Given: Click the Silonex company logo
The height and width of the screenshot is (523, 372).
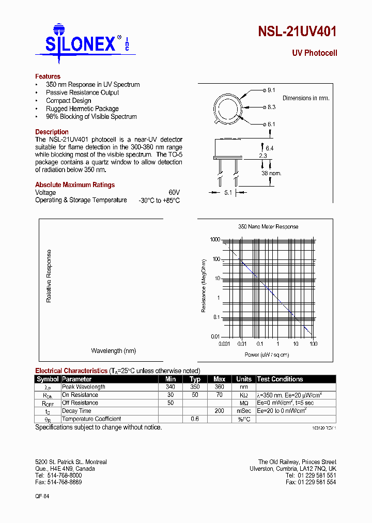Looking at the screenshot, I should click(x=83, y=43).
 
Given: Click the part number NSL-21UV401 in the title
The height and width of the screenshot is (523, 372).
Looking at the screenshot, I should click(x=297, y=32).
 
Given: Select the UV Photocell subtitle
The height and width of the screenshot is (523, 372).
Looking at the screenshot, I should click(x=314, y=53).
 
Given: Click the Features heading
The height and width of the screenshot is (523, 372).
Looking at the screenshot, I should click(x=48, y=76).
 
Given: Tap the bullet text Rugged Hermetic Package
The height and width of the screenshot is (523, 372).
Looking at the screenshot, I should click(x=82, y=109).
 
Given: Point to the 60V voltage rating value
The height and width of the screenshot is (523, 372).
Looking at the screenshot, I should click(x=174, y=192).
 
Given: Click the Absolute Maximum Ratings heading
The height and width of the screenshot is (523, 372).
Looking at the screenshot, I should click(x=75, y=184).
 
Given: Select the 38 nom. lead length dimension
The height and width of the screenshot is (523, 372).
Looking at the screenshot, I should click(x=271, y=173).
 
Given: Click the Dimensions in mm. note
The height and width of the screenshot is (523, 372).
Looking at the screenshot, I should click(x=306, y=98).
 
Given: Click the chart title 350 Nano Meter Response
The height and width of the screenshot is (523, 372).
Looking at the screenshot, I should click(x=268, y=226).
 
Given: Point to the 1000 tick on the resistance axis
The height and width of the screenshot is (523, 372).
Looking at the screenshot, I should click(x=215, y=240).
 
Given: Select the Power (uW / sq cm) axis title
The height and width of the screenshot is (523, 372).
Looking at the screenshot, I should click(x=267, y=355).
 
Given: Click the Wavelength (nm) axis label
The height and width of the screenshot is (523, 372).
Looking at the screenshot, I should click(x=113, y=351).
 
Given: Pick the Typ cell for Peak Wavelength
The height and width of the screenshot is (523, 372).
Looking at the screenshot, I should click(x=195, y=387).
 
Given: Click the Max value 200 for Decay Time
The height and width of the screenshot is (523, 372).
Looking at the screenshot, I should click(x=219, y=411).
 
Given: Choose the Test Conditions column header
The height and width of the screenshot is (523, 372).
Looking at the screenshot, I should click(x=280, y=379).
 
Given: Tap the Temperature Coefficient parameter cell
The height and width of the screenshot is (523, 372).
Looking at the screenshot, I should click(x=91, y=419).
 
